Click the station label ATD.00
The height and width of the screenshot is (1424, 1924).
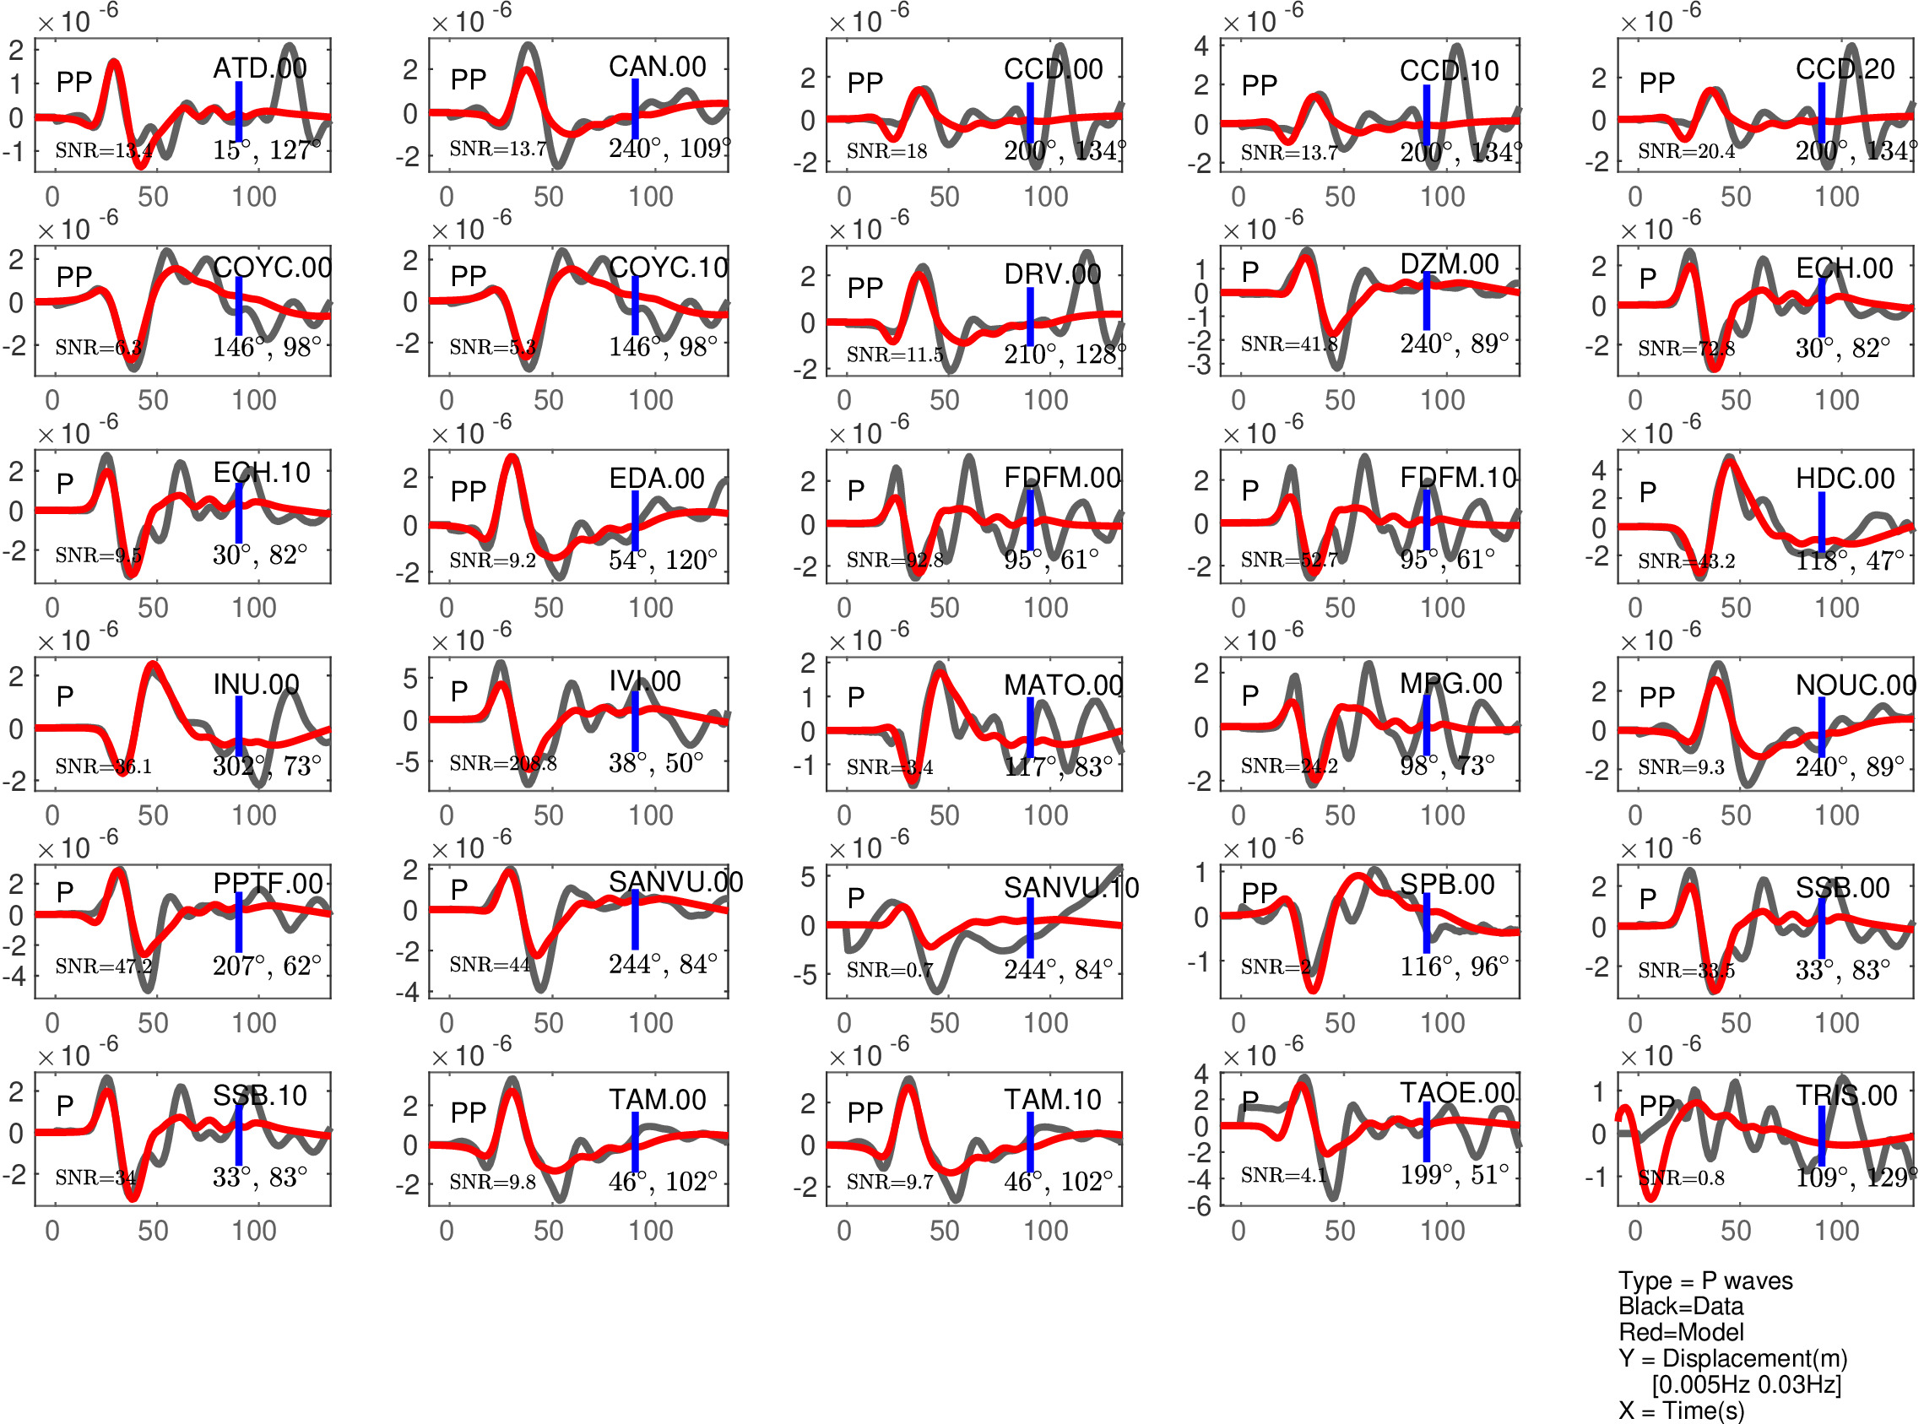point(259,68)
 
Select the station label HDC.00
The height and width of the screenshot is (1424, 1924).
point(1845,479)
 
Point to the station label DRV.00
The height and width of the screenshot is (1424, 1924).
point(1053,274)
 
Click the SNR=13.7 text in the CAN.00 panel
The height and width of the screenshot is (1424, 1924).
point(497,149)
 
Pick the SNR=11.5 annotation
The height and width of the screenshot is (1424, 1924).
point(895,355)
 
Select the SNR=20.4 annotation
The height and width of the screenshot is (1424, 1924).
point(1686,152)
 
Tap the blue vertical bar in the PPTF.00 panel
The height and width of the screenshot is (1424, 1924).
point(239,923)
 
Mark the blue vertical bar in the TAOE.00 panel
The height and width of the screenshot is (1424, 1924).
point(1427,1131)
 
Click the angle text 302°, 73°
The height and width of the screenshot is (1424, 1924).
point(267,766)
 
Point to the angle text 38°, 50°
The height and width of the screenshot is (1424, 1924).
point(656,763)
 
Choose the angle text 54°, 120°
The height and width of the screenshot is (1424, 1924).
point(663,560)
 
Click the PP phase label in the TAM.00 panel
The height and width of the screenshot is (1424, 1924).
point(468,1113)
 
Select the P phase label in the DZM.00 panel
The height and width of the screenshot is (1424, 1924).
point(1250,273)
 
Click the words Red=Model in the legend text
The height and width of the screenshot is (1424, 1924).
point(1680,1333)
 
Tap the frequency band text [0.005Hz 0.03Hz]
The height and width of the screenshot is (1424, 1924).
point(1747,1384)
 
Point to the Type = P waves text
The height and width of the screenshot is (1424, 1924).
point(1705,1281)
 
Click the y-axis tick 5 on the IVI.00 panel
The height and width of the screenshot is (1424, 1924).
point(411,679)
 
